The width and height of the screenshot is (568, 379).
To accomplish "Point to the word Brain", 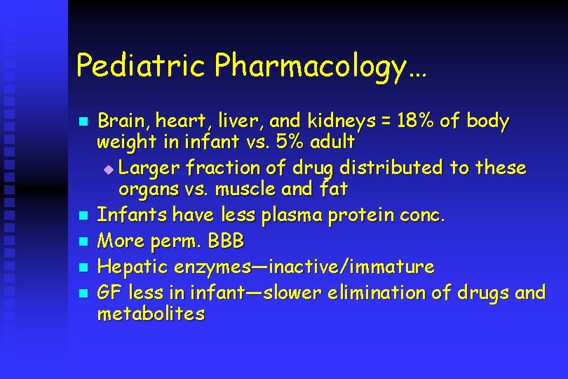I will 123,121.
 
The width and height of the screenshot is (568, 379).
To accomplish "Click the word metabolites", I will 151,314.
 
